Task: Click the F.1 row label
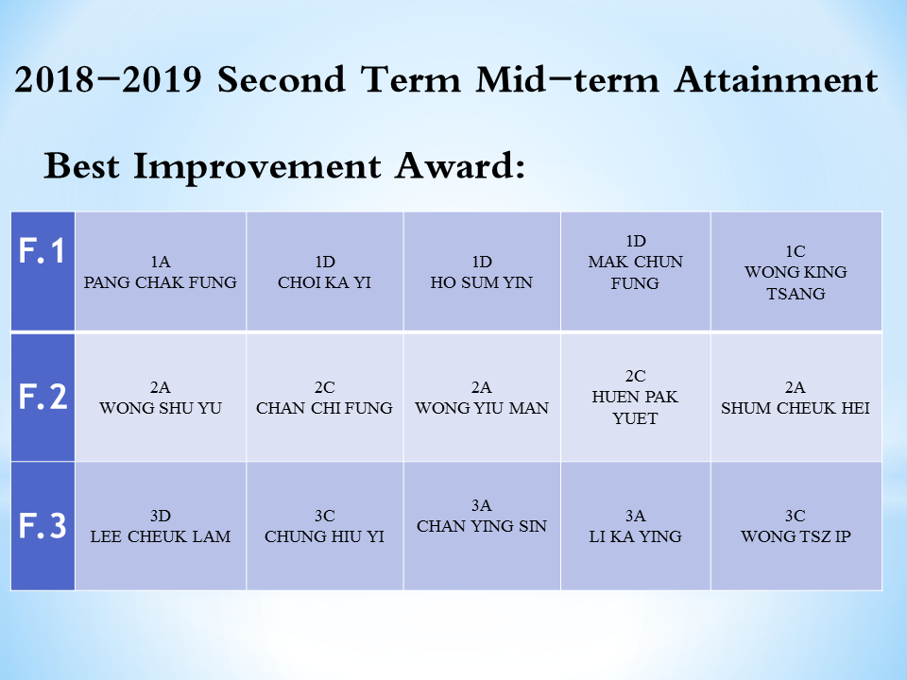coord(42,251)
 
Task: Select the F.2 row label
coord(43,397)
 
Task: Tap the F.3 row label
coord(43,526)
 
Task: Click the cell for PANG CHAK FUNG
coord(161,272)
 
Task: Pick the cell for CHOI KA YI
coord(324,272)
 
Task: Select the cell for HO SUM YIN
coord(482,272)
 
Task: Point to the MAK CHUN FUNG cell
coord(636,272)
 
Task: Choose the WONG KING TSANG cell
coord(796,272)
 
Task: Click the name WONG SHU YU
coord(161,408)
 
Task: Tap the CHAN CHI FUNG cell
coord(324,398)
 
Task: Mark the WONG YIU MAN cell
coord(482,398)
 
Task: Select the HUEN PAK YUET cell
coord(636,398)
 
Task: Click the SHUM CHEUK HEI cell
coord(796,398)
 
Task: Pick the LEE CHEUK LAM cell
coord(161,526)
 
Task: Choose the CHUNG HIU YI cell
coord(324,526)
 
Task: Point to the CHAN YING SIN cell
coord(482,526)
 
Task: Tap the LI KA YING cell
coord(636,526)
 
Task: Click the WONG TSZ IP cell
coord(796,526)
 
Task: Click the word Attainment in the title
coord(777,79)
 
